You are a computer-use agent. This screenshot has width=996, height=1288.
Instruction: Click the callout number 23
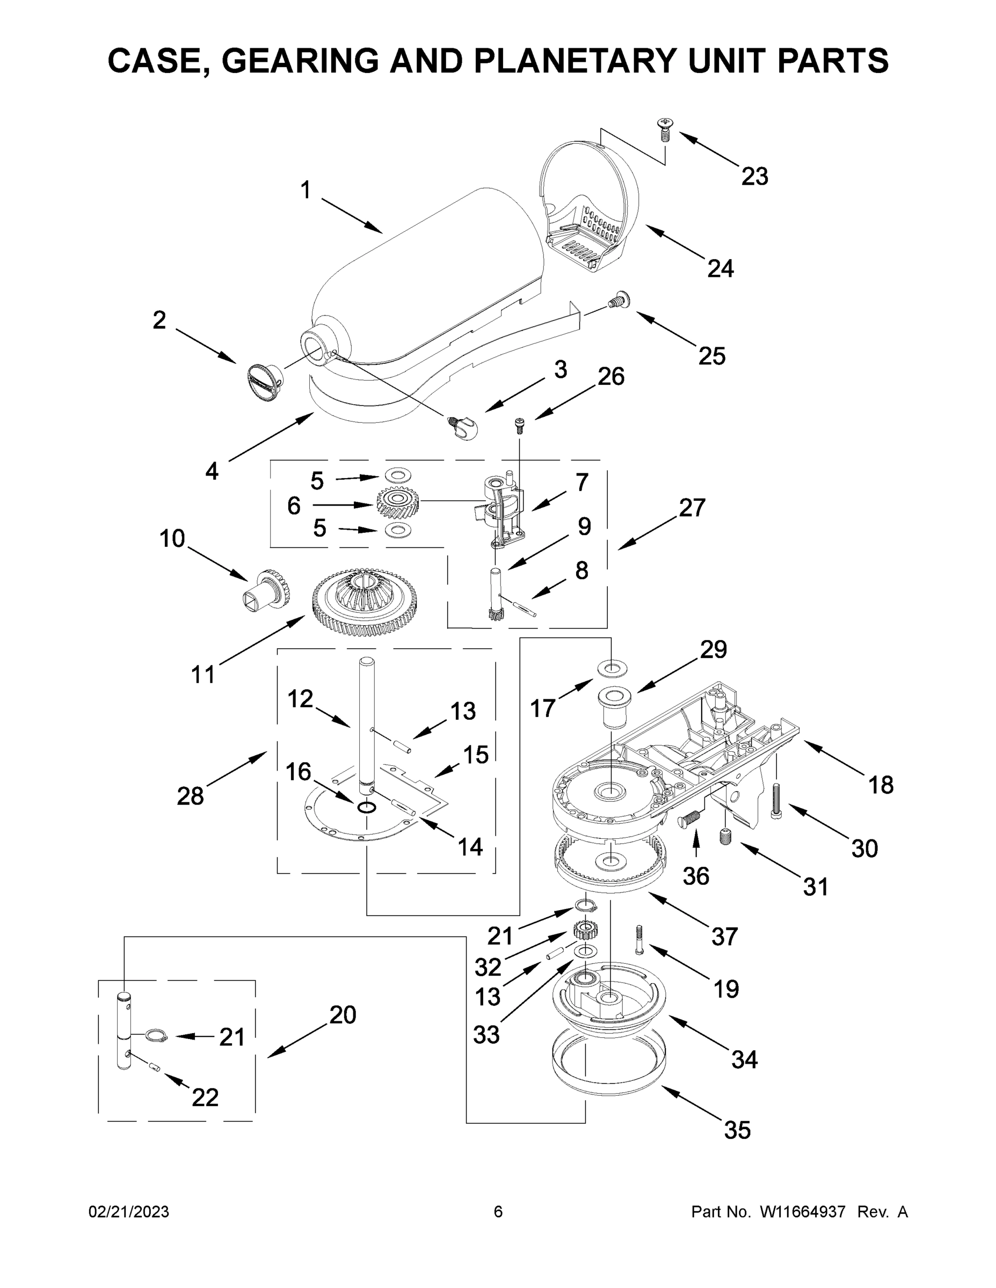[x=755, y=177]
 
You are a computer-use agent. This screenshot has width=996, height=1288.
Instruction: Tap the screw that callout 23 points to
[x=665, y=129]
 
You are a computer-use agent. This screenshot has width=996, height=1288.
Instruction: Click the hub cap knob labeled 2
[x=263, y=382]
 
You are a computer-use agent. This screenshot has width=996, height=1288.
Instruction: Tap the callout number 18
[x=881, y=785]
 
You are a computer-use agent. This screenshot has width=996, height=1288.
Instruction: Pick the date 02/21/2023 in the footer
[x=129, y=1211]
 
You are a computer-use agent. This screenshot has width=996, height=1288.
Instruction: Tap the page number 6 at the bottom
[x=498, y=1211]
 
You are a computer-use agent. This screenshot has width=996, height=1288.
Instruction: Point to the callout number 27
[x=692, y=508]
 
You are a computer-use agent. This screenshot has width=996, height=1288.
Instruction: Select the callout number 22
[x=205, y=1097]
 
